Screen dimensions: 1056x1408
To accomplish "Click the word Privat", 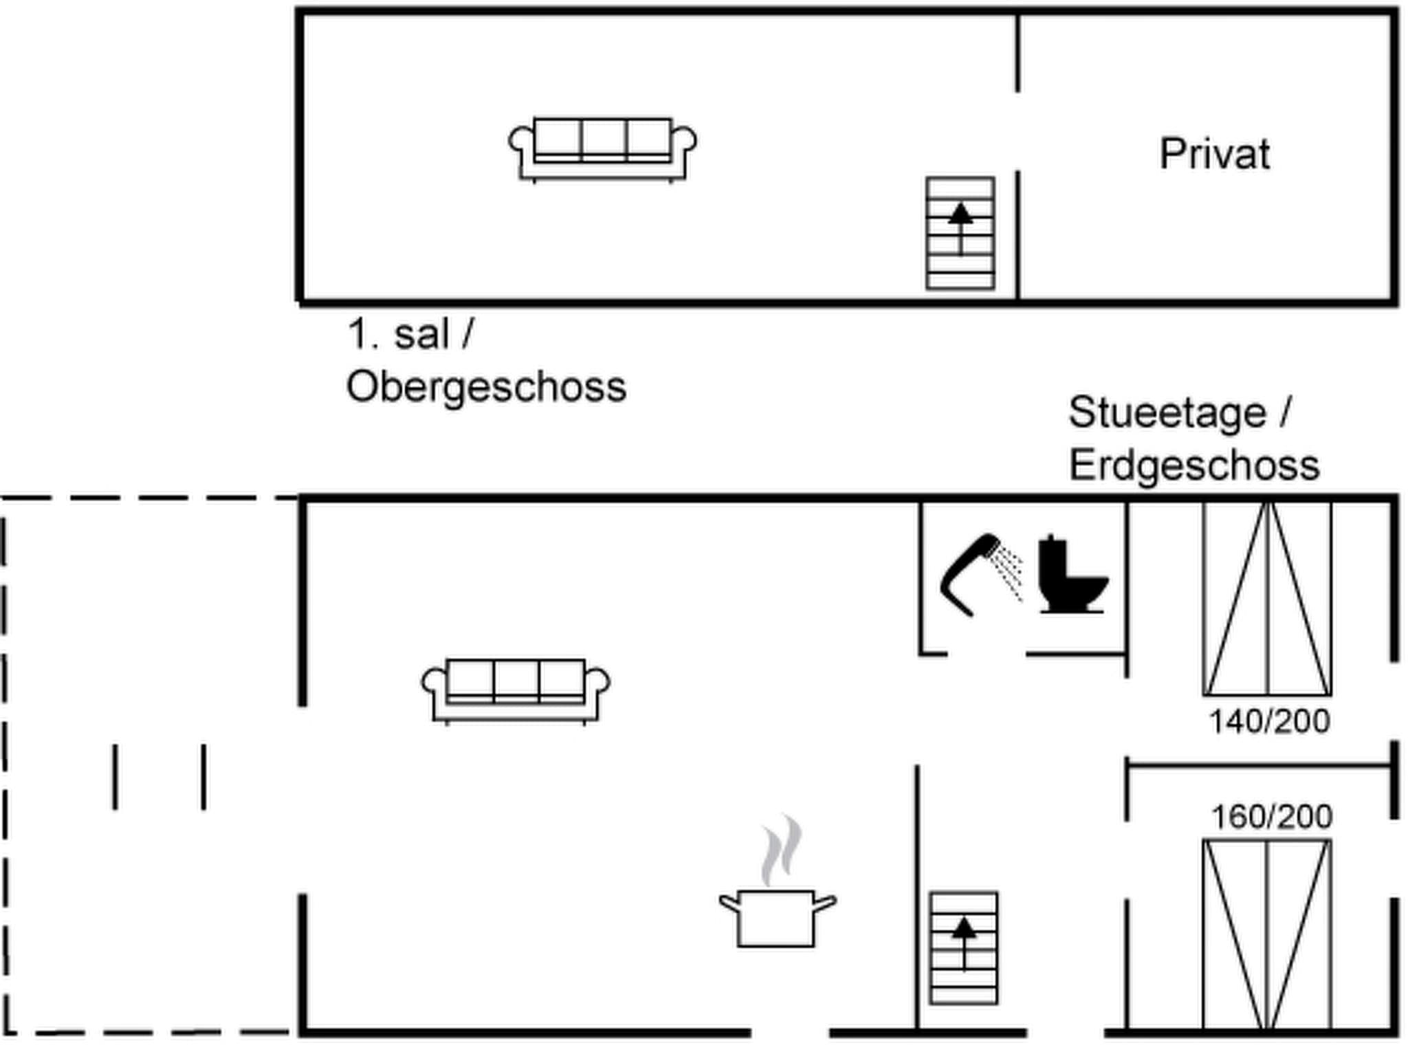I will [1214, 154].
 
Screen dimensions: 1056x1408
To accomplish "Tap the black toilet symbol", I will [1070, 575].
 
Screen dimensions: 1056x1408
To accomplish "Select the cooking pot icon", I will [776, 918].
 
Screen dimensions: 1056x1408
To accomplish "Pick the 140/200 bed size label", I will [1269, 722].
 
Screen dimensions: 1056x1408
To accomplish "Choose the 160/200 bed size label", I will [1271, 817].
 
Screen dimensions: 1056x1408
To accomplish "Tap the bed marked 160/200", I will [1267, 935].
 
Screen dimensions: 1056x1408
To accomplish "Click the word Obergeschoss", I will [486, 387].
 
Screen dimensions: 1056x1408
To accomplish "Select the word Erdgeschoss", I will [1194, 465].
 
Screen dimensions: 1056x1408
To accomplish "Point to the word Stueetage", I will [1167, 413].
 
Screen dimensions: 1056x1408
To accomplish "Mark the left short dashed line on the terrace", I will [115, 776].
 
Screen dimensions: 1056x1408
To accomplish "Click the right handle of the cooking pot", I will [824, 903].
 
